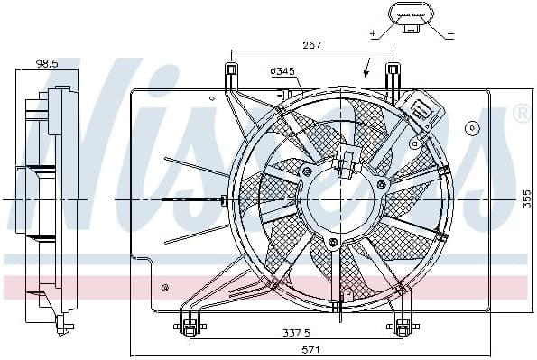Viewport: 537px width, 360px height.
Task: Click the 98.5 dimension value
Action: [x=47, y=64]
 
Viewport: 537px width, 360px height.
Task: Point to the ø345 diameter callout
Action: [x=282, y=70]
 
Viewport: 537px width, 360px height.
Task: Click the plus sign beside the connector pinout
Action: [x=373, y=34]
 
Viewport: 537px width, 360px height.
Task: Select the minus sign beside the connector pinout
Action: [x=451, y=34]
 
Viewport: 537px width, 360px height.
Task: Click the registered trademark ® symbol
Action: [x=522, y=114]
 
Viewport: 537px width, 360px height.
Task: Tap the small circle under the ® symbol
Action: [x=470, y=129]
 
